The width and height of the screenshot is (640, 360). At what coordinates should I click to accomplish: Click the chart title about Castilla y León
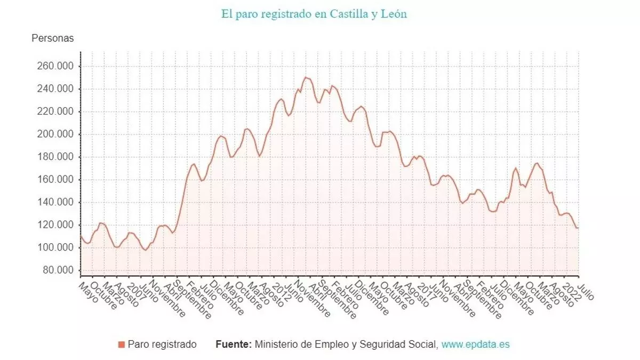tap(314, 14)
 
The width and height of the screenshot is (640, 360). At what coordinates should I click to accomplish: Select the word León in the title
tap(394, 14)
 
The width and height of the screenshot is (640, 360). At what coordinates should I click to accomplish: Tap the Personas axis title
tap(53, 38)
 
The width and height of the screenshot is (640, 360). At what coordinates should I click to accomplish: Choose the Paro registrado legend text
tap(162, 345)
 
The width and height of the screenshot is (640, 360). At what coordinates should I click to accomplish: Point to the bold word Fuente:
tap(234, 345)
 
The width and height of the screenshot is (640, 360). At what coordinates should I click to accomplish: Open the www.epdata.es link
tap(475, 345)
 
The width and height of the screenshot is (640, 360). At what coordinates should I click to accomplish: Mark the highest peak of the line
tap(306, 77)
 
